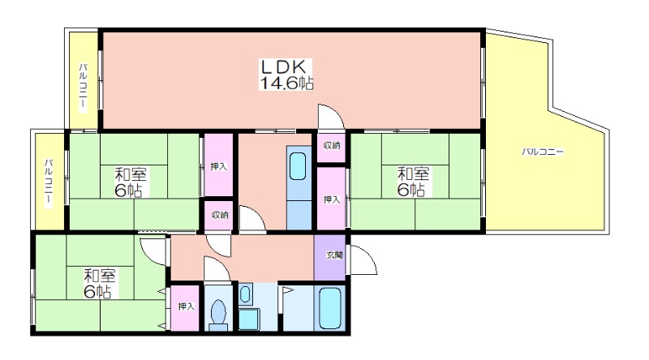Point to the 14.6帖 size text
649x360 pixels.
coord(286,83)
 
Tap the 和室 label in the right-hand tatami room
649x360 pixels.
coord(412,173)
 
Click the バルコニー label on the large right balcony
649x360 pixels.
coord(543,152)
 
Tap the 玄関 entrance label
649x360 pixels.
coord(333,255)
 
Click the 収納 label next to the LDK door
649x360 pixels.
coord(332,146)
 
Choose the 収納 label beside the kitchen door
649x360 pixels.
coord(219,215)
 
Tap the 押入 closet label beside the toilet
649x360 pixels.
coord(187,306)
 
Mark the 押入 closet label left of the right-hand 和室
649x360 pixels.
coord(331,198)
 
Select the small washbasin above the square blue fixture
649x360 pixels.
coord(245,294)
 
